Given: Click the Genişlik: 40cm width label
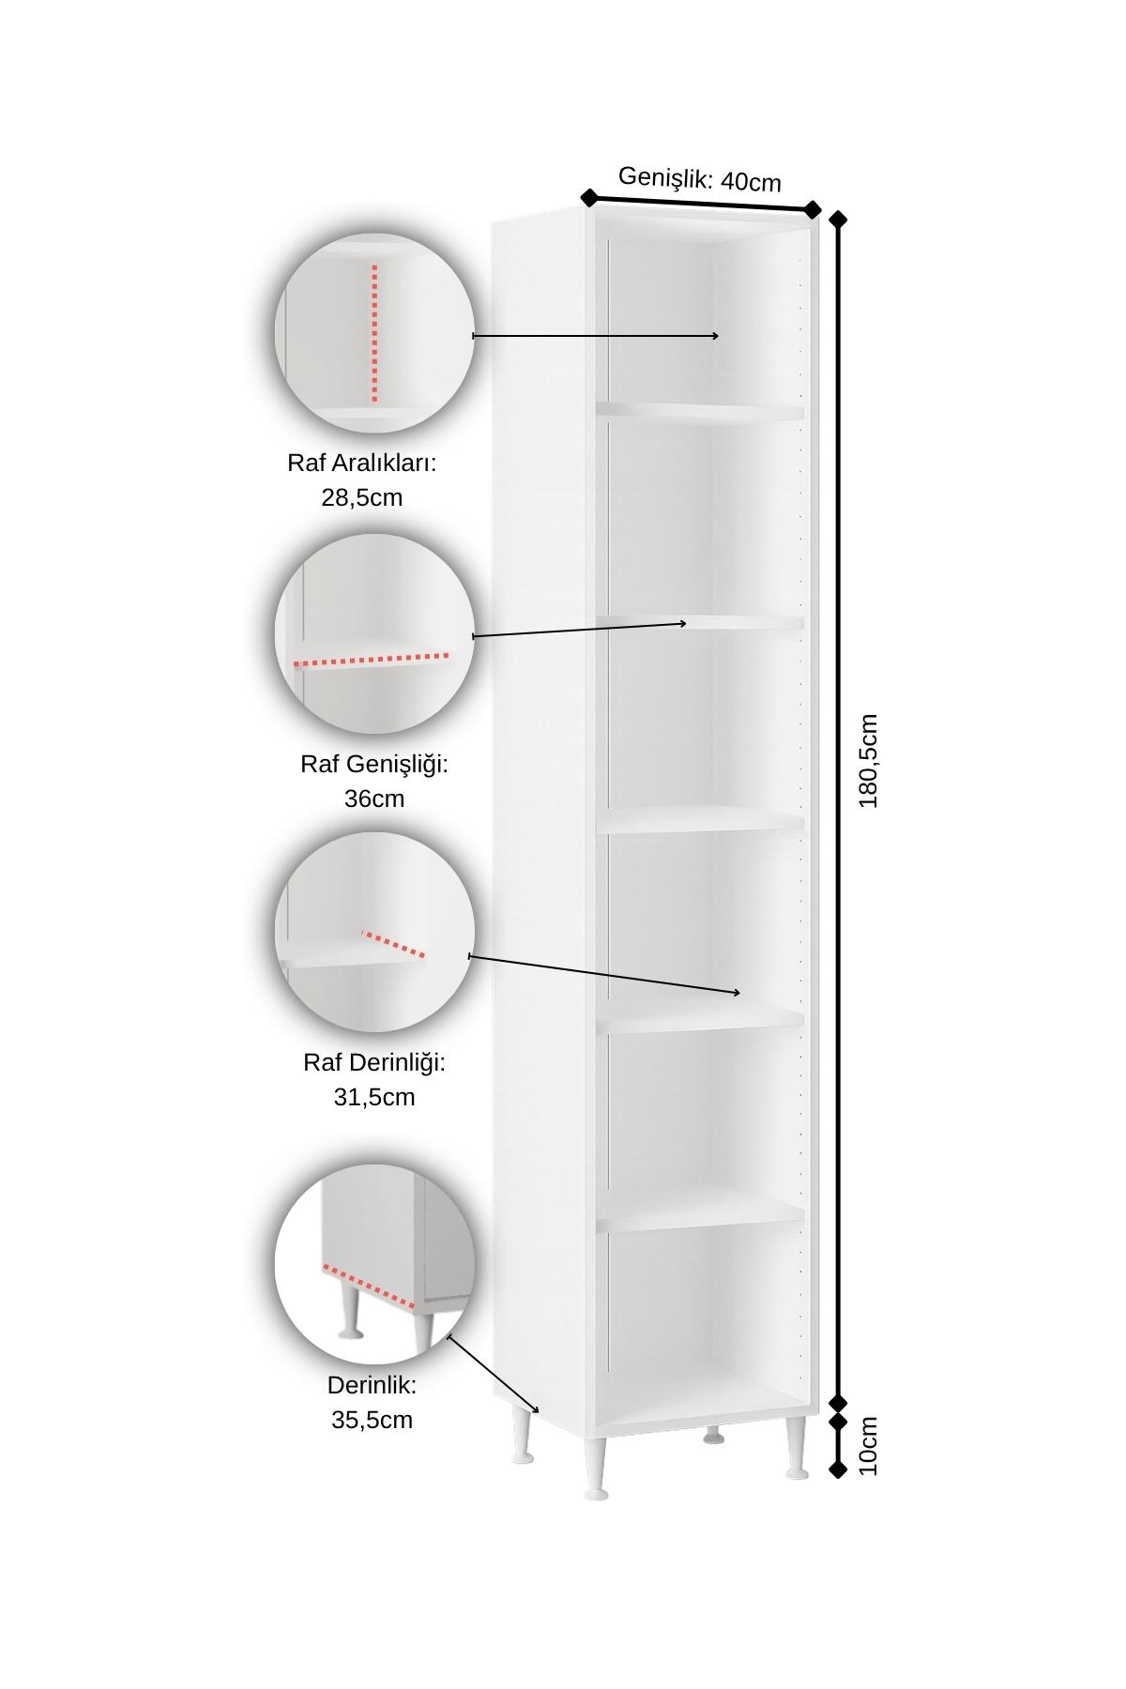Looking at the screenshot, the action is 700,178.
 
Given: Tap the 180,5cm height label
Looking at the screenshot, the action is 868,761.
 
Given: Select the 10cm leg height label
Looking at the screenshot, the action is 868,1446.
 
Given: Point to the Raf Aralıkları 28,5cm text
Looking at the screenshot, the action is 362,479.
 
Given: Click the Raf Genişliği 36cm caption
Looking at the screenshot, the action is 374,781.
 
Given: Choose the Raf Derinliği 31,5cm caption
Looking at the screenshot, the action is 374,1079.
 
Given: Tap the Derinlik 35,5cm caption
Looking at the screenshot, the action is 372,1402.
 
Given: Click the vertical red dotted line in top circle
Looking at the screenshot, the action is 374,333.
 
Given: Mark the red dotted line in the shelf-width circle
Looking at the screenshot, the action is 372,660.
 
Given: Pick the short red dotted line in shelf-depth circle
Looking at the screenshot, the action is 393,944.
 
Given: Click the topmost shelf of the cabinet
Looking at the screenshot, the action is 700,411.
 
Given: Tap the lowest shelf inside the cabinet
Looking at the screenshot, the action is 700,1212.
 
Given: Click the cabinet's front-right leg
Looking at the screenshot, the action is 797,1448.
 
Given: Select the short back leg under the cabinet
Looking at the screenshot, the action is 714,1435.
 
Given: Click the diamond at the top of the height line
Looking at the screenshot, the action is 838,220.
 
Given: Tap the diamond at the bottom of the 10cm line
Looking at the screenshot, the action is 838,1469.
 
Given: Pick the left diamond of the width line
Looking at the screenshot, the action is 589,197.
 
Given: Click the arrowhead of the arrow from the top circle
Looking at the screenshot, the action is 716,336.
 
